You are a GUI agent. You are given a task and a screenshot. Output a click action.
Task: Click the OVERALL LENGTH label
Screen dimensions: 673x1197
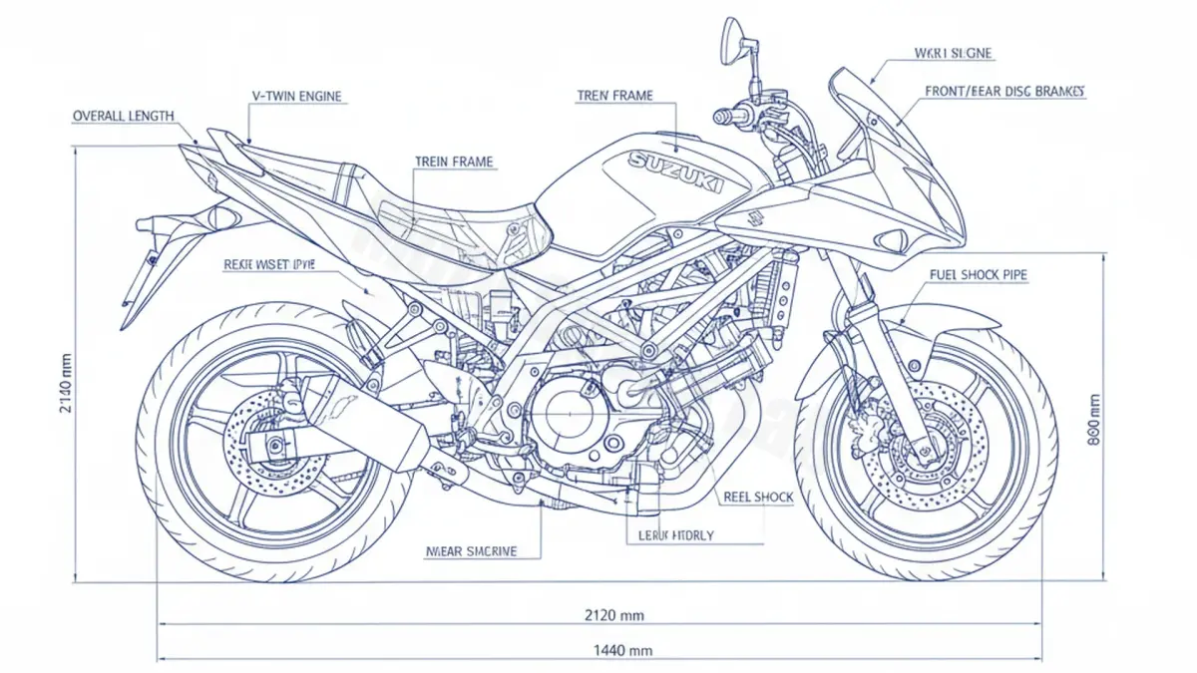point(123,116)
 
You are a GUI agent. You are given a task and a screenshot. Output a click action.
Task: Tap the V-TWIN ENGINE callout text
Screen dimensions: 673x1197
point(297,97)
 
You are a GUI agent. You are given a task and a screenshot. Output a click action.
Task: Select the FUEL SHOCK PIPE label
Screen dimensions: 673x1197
point(978,273)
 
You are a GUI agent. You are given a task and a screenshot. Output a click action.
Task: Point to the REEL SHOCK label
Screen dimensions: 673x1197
point(758,497)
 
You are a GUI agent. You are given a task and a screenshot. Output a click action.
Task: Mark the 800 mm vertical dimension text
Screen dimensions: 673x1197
point(1094,419)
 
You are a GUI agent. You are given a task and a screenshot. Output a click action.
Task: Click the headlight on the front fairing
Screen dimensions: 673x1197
point(892,239)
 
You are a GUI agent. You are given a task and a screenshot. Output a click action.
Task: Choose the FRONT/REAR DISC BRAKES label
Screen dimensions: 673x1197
point(1004,92)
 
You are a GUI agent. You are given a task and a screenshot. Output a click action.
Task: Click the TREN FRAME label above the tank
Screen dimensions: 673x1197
point(614,96)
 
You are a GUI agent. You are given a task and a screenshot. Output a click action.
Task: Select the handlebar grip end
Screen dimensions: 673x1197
point(720,117)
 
